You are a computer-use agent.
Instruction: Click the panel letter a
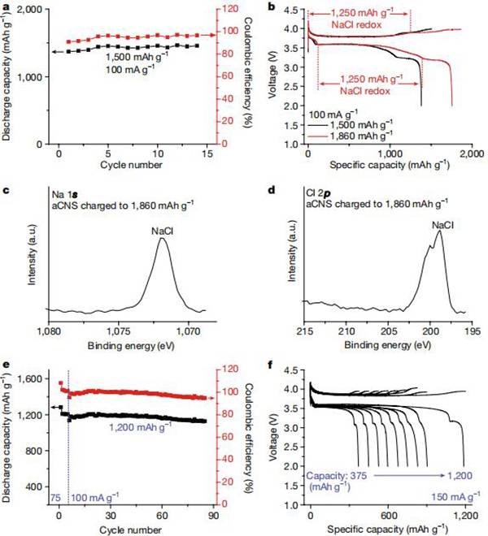click(7, 7)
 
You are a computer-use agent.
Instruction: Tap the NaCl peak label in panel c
click(161, 231)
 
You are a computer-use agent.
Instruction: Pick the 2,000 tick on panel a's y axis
click(32, 10)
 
